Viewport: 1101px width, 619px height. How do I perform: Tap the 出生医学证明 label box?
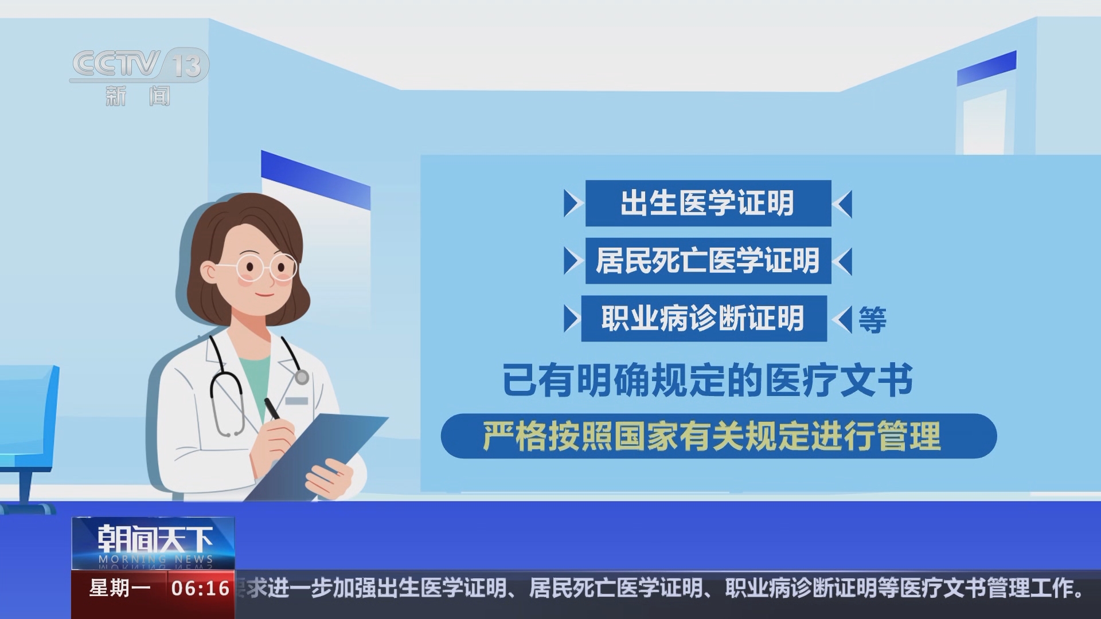pyautogui.click(x=708, y=203)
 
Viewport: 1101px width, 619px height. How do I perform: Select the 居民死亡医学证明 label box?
pyautogui.click(x=708, y=261)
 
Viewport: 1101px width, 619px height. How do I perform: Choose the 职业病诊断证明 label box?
pyautogui.click(x=704, y=319)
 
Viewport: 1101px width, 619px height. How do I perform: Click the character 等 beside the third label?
pyautogui.click(x=872, y=320)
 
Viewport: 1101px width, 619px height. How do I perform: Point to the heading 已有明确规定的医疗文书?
pyautogui.click(x=708, y=380)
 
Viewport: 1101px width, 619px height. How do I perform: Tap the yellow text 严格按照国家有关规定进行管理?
pyautogui.click(x=712, y=437)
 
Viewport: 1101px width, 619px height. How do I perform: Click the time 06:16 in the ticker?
pyautogui.click(x=201, y=589)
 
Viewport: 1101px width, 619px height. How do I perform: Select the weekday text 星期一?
pyautogui.click(x=119, y=589)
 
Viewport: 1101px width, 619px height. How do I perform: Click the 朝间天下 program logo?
pyautogui.click(x=154, y=539)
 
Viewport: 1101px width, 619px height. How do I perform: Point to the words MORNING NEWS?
pyautogui.click(x=155, y=559)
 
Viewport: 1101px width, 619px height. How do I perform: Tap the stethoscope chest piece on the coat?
pyautogui.click(x=302, y=377)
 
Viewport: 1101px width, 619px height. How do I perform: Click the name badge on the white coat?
pyautogui.click(x=296, y=401)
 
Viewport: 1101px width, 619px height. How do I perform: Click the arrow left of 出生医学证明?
pyautogui.click(x=572, y=203)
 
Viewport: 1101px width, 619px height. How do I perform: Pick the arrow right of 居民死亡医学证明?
pyautogui.click(x=843, y=261)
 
